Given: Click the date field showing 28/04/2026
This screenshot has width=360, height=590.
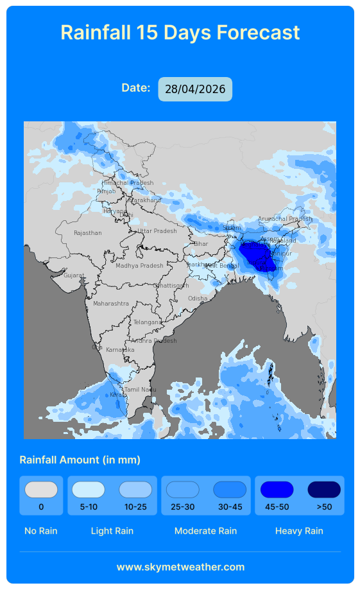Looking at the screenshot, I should pyautogui.click(x=195, y=89).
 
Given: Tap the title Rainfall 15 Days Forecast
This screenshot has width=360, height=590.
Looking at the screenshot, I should pyautogui.click(x=180, y=32).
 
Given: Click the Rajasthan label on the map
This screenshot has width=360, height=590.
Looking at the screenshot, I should pyautogui.click(x=87, y=233).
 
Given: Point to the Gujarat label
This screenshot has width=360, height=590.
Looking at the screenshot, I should pyautogui.click(x=73, y=275).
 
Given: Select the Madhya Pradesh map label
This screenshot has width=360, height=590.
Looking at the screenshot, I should pyautogui.click(x=139, y=266).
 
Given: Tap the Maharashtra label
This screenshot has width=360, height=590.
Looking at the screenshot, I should pyautogui.click(x=110, y=303).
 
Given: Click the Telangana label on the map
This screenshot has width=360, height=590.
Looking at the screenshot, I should pyautogui.click(x=148, y=322).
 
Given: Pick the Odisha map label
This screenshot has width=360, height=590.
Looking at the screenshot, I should pyautogui.click(x=198, y=299).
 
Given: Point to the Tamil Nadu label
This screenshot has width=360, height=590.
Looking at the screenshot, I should pyautogui.click(x=140, y=390).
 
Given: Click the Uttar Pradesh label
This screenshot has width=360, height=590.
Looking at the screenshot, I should pyautogui.click(x=157, y=231).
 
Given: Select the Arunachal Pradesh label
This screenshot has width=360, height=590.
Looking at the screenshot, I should pyautogui.click(x=284, y=219).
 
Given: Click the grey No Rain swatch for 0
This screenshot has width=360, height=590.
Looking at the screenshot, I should pyautogui.click(x=41, y=490).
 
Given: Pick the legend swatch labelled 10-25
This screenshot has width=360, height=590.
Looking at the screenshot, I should pyautogui.click(x=135, y=490).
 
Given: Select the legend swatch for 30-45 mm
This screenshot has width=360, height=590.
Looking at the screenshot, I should pyautogui.click(x=230, y=490).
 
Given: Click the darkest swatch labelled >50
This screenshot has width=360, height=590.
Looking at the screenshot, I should pyautogui.click(x=324, y=490).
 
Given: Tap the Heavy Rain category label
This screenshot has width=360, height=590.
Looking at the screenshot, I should pyautogui.click(x=299, y=531).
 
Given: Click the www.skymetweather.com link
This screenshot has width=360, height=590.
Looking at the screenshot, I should pyautogui.click(x=180, y=567).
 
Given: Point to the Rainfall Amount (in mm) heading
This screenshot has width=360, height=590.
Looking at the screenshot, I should pyautogui.click(x=80, y=460).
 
